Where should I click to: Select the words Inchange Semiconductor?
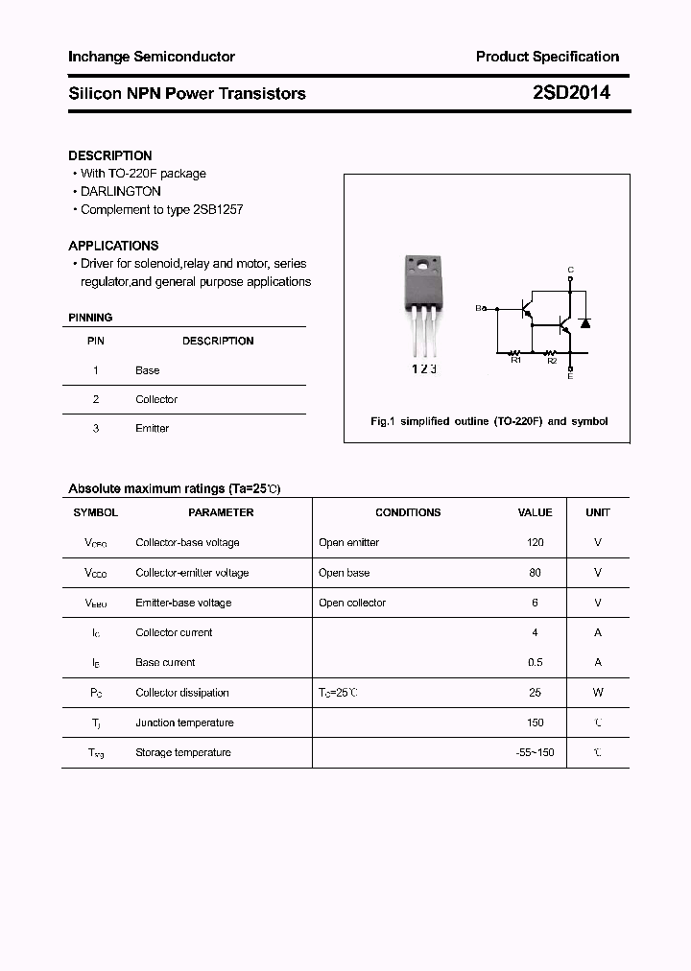tap(152, 57)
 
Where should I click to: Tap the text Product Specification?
tap(547, 57)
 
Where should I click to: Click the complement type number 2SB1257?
tap(219, 209)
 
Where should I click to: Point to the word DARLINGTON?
tap(121, 191)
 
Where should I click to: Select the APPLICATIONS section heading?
tap(113, 246)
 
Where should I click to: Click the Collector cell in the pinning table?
tap(156, 399)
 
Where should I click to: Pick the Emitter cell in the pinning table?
tap(152, 428)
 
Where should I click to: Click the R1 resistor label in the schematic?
tap(515, 361)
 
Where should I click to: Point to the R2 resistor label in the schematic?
tap(552, 361)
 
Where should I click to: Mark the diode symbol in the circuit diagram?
tap(584, 321)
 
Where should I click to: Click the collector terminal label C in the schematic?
tap(570, 270)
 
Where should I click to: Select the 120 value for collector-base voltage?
tap(535, 542)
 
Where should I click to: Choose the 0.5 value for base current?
tap(535, 662)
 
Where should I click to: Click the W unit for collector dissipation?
tap(597, 692)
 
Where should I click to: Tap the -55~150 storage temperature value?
tap(535, 752)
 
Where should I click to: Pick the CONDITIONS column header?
tap(408, 512)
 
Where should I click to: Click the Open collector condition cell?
tap(352, 603)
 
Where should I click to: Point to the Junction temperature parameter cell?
tap(183, 722)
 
